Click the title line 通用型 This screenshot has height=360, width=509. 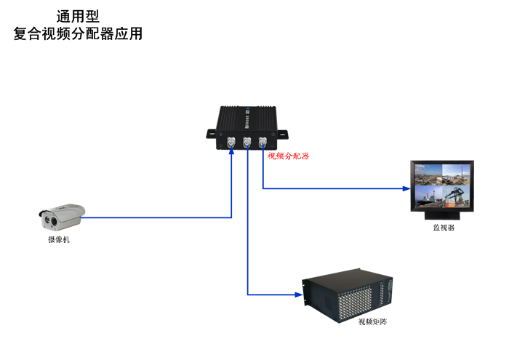[x=78, y=15]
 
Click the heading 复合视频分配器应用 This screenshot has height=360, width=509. [x=78, y=33]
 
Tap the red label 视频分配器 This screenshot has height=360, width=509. [x=288, y=156]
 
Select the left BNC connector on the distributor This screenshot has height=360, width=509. [x=231, y=143]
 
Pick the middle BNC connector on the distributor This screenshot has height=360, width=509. [x=247, y=143]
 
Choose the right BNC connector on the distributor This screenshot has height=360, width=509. [x=262, y=143]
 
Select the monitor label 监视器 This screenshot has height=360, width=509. [x=444, y=228]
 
